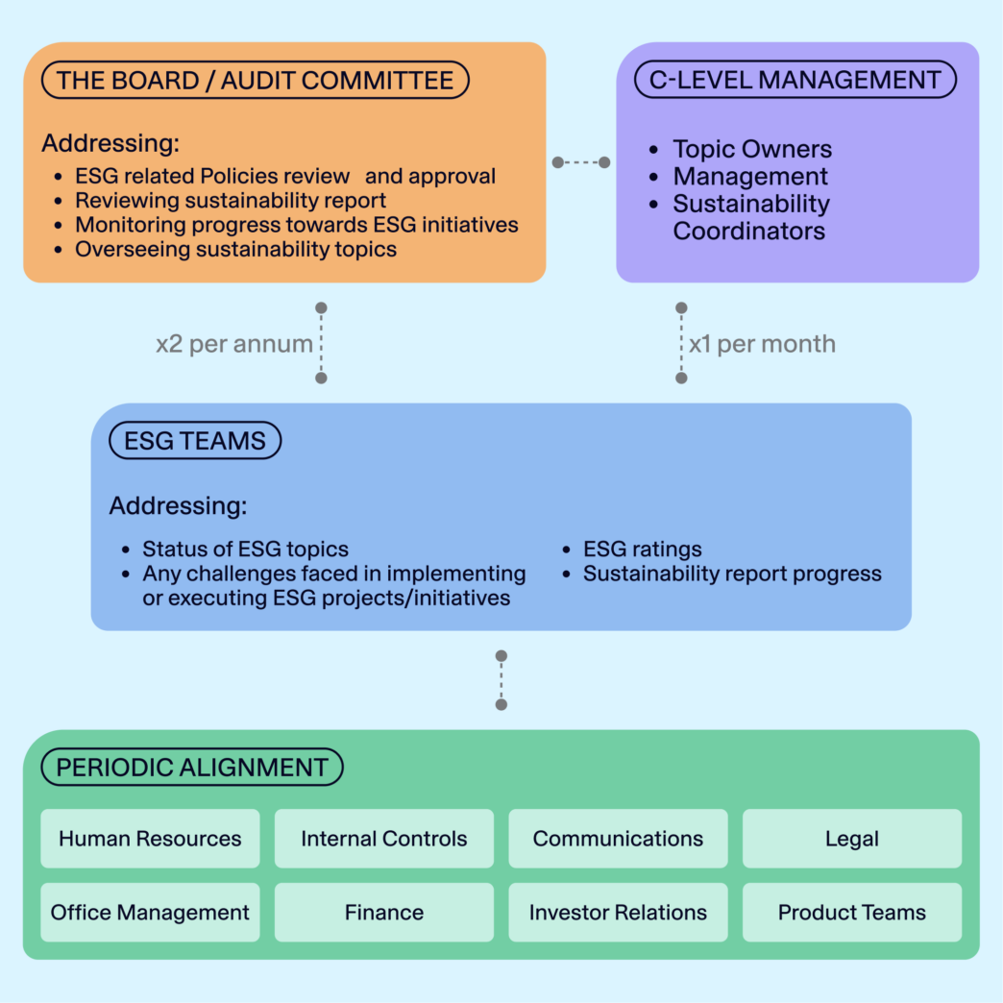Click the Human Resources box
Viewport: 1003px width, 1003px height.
click(150, 839)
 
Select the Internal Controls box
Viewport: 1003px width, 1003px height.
click(383, 839)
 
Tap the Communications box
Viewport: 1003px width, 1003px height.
click(618, 839)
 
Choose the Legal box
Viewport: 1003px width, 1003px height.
click(851, 839)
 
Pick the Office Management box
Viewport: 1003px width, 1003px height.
click(150, 913)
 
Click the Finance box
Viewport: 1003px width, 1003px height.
click(383, 913)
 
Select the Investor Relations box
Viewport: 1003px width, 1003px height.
click(618, 913)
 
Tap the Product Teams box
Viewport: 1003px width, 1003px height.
click(851, 913)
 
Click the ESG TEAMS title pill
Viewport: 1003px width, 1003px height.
click(195, 441)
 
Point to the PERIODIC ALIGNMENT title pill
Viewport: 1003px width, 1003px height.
click(192, 768)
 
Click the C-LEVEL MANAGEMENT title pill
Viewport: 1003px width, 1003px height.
click(795, 80)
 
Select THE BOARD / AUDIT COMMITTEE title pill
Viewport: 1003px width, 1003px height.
click(255, 80)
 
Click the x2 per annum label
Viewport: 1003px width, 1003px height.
click(234, 344)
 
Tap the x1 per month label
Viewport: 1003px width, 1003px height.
click(762, 344)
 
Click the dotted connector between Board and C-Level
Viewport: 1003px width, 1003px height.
click(581, 162)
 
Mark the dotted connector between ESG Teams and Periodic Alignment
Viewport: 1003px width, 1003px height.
click(501, 680)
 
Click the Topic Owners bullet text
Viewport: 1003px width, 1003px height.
click(751, 149)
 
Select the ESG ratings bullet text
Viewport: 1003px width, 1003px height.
click(642, 550)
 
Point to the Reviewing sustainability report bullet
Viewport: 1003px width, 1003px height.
click(231, 201)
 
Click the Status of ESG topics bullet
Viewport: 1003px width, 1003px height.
click(245, 550)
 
